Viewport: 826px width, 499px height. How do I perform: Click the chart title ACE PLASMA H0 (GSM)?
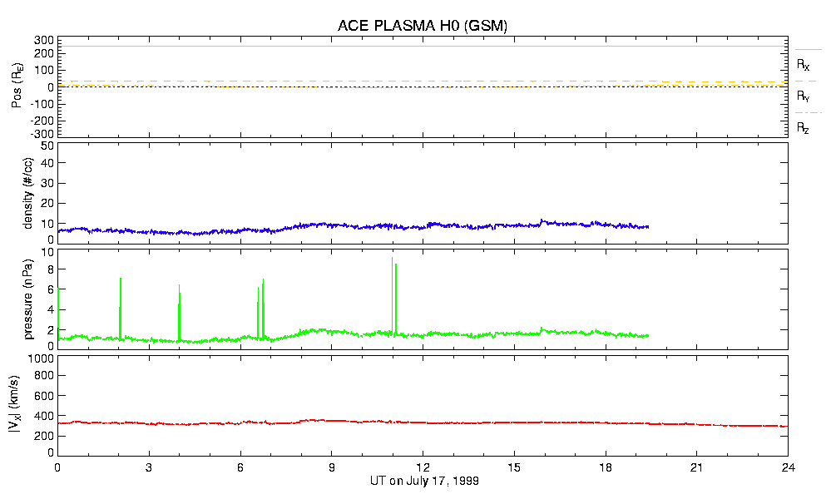coord(423,26)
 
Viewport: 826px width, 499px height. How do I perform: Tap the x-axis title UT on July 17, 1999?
coord(423,481)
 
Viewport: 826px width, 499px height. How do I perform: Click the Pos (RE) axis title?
coord(17,87)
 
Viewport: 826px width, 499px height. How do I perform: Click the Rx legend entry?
coord(804,64)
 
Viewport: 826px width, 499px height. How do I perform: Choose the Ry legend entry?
coord(804,96)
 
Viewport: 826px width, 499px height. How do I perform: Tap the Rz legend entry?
coord(804,128)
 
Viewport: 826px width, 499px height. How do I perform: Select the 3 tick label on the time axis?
coord(149,467)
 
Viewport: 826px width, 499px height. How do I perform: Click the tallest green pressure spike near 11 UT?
coord(392,259)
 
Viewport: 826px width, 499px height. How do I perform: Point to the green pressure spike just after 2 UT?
coord(121,280)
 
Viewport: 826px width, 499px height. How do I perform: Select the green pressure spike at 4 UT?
coord(179,287)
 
